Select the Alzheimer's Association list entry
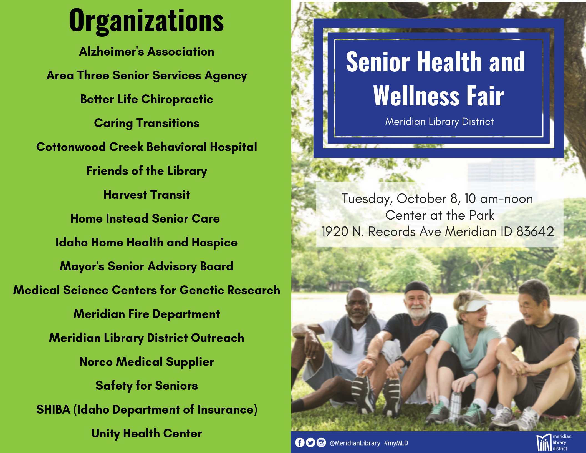147,52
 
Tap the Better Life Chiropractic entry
147,99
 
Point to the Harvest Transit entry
147,195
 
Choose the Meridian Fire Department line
147,314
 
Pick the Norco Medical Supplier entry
147,362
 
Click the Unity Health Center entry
147,434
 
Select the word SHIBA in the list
53,410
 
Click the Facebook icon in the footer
300,442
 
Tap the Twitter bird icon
310,442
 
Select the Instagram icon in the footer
321,442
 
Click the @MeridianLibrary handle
355,443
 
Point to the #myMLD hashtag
396,443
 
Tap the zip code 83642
535,231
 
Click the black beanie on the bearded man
417,288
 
